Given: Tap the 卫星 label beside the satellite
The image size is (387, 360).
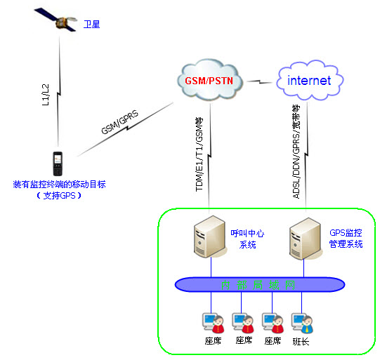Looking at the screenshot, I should point(91,25).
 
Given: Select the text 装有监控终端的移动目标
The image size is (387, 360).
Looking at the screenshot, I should point(59,185).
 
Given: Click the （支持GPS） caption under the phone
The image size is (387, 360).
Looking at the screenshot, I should point(59,196).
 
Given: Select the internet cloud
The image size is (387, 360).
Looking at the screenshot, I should point(309,81).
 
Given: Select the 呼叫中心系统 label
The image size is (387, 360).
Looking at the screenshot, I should point(249,239).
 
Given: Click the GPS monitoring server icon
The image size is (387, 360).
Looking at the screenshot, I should point(304,239).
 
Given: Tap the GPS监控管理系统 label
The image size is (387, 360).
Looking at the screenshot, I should point(346,239).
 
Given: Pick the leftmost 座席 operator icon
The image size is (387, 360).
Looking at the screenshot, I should point(211,324).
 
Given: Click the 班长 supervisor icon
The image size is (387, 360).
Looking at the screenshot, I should point(304,324).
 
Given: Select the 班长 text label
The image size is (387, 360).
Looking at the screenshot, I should point(301,341).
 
